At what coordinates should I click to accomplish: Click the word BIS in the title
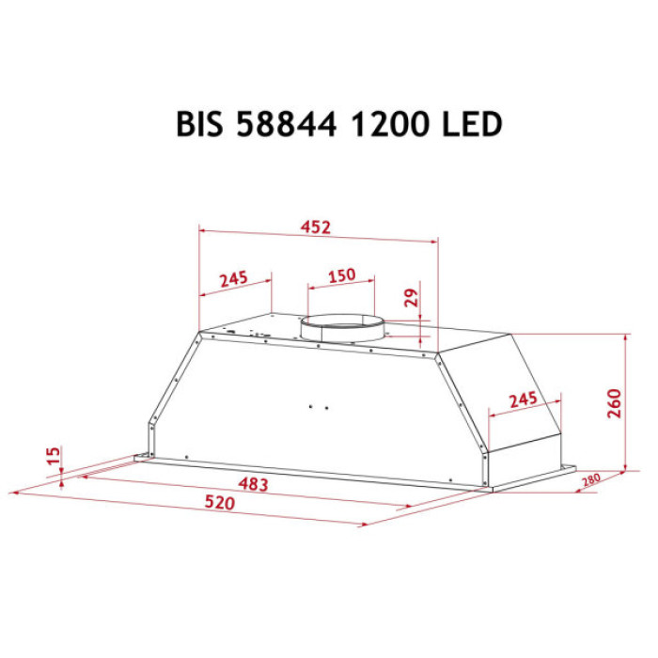pos(200,125)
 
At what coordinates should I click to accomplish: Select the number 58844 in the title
pos(287,125)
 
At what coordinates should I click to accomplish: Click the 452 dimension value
pos(316,226)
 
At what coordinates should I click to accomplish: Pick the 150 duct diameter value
pos(341,274)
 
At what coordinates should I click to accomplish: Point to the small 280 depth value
pos(591,481)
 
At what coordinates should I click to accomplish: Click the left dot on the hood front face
pos(310,407)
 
